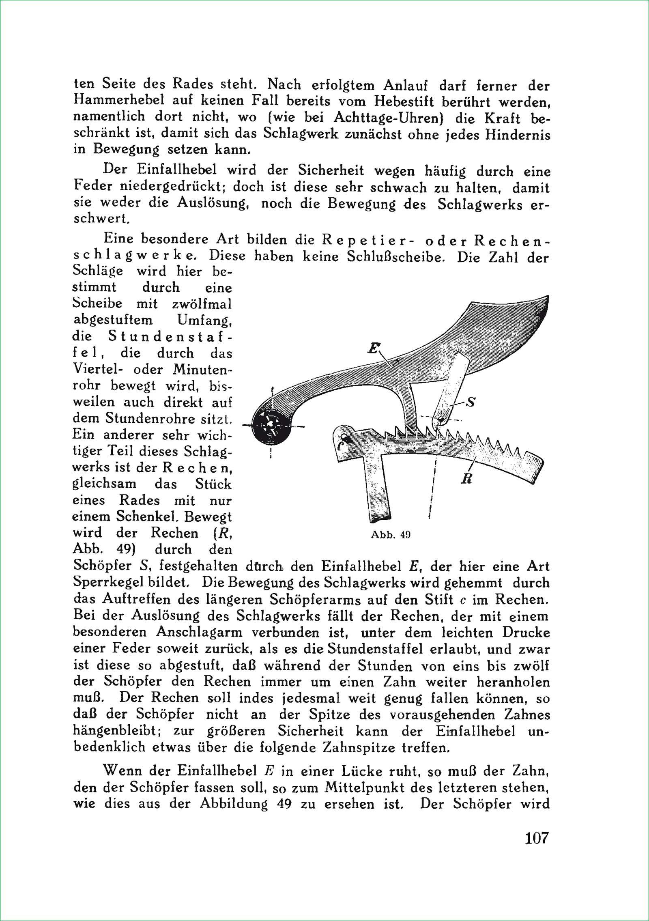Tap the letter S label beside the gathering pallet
pos(471,402)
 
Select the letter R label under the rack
pos(466,479)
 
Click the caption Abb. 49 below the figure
pos(391,534)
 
